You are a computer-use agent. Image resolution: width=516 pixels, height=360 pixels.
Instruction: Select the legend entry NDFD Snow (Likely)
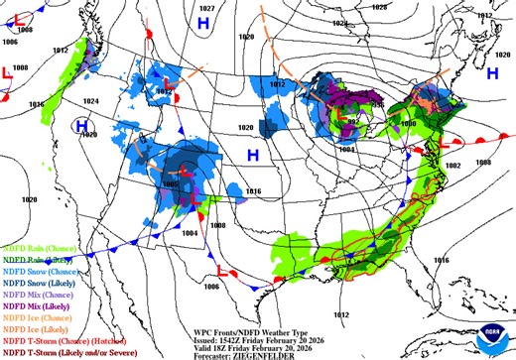[34, 282]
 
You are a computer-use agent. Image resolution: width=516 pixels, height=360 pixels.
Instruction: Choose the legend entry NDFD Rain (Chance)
[34, 247]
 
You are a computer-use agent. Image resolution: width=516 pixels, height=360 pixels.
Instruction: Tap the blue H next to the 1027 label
[203, 22]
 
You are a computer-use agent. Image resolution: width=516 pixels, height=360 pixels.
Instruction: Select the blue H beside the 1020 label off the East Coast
[493, 73]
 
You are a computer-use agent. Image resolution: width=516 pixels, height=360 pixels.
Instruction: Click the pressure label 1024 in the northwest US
[91, 101]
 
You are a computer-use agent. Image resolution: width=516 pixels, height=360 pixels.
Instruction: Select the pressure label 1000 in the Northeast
[408, 124]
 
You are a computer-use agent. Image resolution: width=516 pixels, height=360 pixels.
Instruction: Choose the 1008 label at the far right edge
[483, 162]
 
